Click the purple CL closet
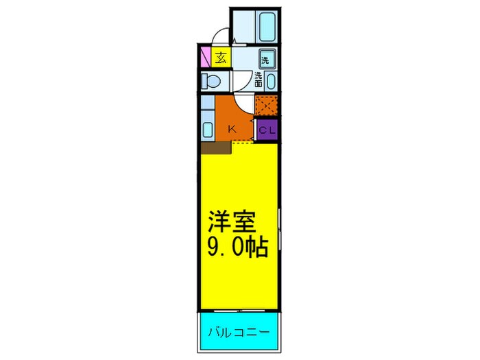click(267, 129)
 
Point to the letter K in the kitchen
click(232, 128)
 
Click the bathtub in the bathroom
click(267, 27)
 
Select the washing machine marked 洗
click(266, 60)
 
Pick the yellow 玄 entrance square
click(221, 58)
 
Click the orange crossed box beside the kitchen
click(266, 106)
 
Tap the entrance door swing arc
click(221, 38)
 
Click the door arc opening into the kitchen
click(245, 103)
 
